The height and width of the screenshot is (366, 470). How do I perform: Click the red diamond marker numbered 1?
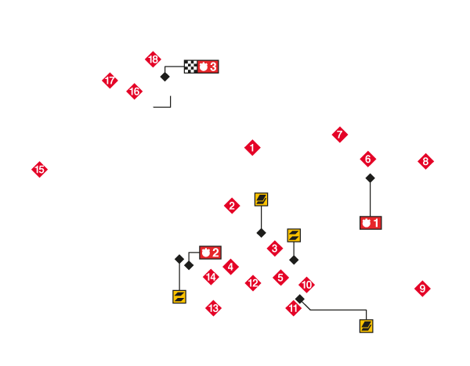252,147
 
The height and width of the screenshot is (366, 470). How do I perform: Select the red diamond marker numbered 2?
232,206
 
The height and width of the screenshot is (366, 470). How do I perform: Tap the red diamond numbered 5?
280,278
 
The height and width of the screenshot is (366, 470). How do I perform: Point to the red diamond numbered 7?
339,135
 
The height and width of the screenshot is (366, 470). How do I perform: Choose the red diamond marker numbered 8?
425,162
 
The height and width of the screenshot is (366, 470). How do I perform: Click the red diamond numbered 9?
422,289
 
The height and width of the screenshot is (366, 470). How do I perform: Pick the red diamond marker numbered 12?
252,283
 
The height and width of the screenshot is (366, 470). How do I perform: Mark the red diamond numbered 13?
213,308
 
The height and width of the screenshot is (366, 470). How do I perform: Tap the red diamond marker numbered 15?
39,169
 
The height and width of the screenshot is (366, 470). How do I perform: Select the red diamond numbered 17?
110,81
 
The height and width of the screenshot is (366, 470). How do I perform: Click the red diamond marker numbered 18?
153,59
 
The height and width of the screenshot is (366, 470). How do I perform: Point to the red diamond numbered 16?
134,91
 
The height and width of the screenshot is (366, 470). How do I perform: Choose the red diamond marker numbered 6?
367,159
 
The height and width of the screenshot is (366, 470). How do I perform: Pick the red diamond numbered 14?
211,276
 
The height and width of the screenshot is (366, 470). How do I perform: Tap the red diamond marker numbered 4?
230,267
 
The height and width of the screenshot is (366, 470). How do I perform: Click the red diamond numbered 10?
306,285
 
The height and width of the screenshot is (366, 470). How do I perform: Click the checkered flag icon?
190,66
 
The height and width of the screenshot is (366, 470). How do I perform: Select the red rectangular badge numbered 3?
208,66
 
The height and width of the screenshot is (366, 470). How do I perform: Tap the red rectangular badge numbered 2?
210,253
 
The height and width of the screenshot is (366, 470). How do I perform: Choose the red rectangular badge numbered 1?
371,223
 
